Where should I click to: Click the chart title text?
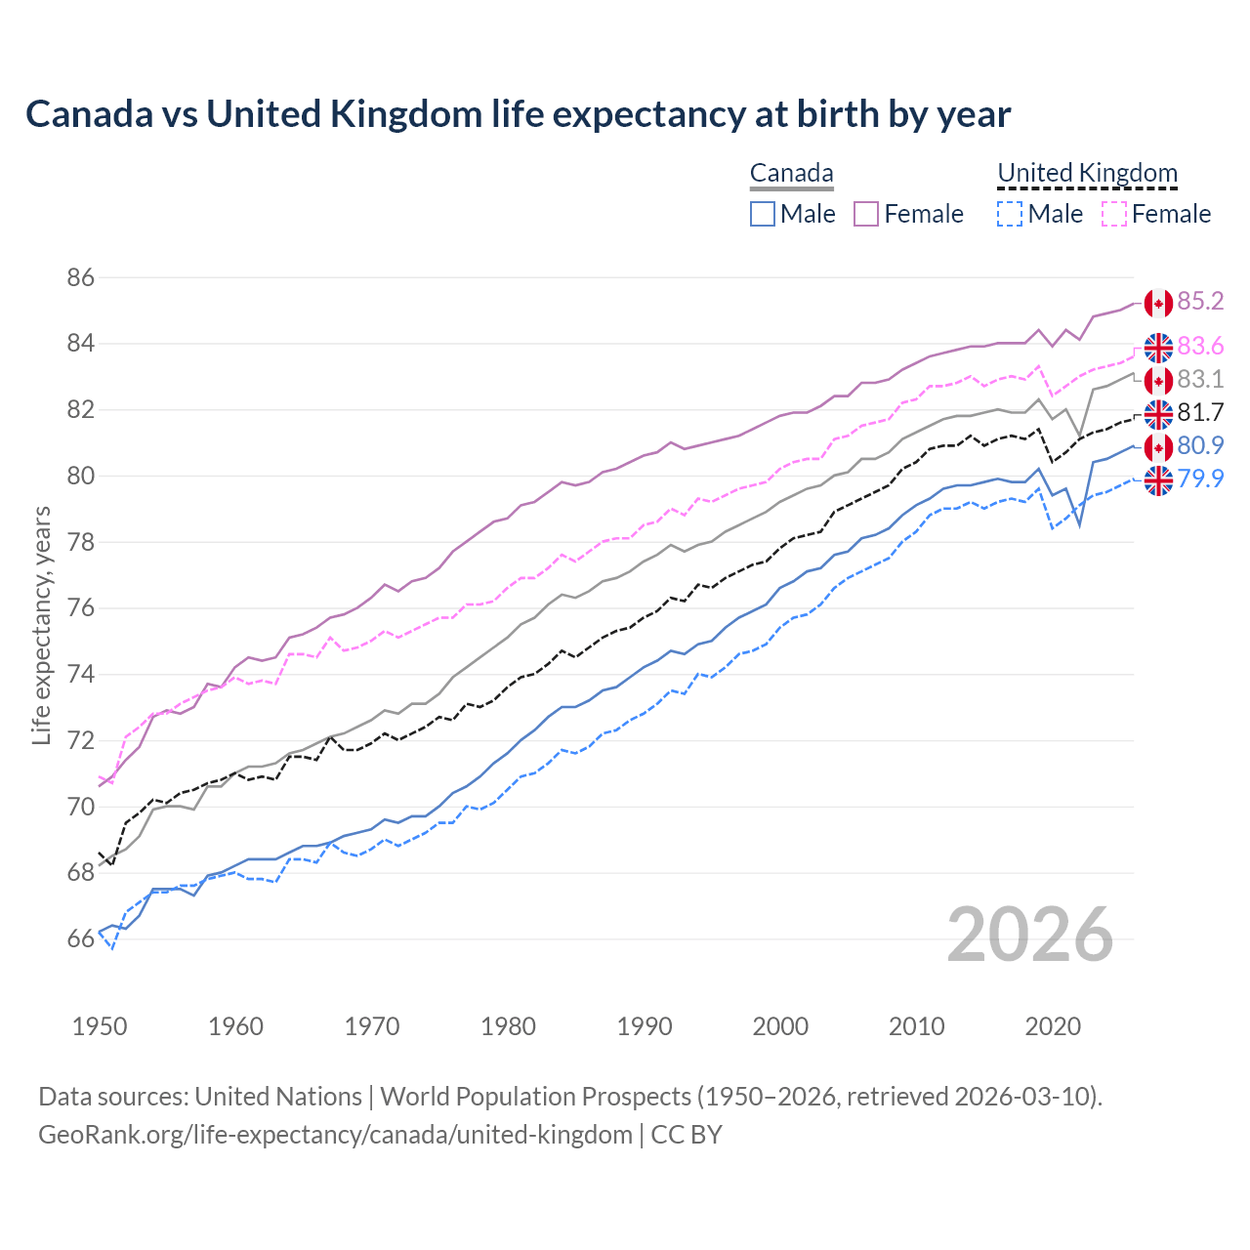click(518, 114)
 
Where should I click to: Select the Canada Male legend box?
click(763, 214)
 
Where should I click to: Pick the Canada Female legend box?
click(867, 214)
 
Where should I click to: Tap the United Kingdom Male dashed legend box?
click(1010, 214)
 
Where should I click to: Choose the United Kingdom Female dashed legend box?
click(1114, 214)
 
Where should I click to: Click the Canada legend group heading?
click(791, 174)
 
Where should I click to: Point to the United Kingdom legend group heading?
click(1087, 174)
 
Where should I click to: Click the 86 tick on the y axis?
click(81, 278)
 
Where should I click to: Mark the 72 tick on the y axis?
click(81, 741)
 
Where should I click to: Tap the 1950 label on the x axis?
click(100, 1026)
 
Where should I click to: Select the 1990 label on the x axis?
click(645, 1026)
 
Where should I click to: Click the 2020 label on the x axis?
click(1053, 1026)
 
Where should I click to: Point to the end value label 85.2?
click(1200, 302)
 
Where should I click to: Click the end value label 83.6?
click(1200, 347)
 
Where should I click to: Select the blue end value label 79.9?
click(1200, 479)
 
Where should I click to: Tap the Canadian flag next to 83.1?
click(1158, 381)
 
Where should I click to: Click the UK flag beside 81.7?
click(1158, 414)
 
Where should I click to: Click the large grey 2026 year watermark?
click(1030, 936)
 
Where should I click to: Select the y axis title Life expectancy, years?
click(41, 625)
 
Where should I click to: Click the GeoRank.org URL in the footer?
click(335, 1135)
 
